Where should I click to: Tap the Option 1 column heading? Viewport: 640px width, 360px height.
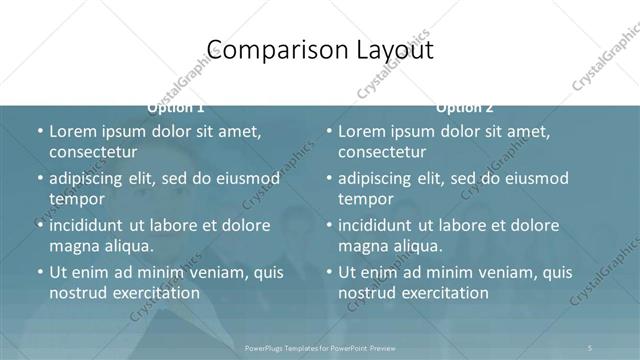click(x=176, y=107)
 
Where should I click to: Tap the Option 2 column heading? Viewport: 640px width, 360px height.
click(x=465, y=107)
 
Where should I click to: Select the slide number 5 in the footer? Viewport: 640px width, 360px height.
click(x=590, y=347)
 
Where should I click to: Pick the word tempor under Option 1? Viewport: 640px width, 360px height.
click(x=77, y=200)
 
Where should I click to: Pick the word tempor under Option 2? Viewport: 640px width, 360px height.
click(x=367, y=200)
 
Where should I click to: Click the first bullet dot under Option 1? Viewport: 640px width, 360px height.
click(x=39, y=132)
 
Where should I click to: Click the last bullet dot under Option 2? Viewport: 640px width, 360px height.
click(x=329, y=272)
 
